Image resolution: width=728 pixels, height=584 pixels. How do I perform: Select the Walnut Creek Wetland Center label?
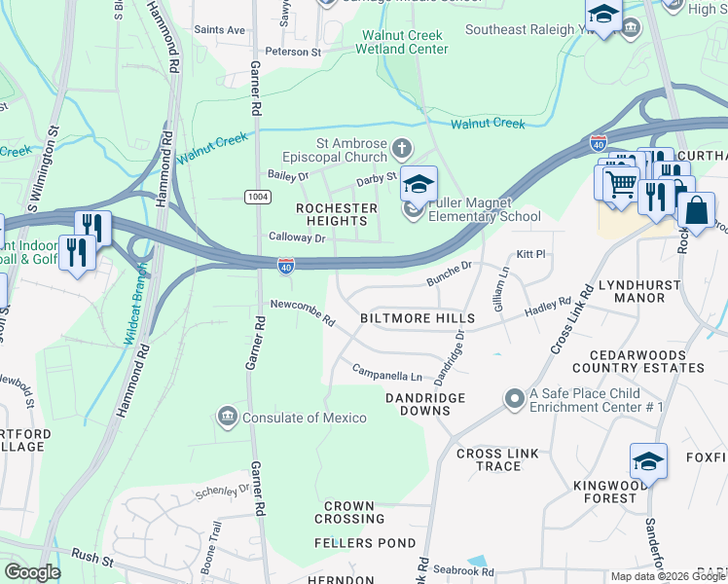pyautogui.click(x=403, y=42)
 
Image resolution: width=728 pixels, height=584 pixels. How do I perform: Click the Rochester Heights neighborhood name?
pyautogui.click(x=337, y=215)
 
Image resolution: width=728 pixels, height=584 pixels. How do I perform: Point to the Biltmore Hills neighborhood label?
pyautogui.click(x=418, y=318)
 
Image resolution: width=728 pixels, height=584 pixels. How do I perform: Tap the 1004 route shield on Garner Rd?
pyautogui.click(x=256, y=197)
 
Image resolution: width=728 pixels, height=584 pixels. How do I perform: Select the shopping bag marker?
pyautogui.click(x=697, y=209)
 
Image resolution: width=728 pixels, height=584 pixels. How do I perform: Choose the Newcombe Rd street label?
pyautogui.click(x=303, y=312)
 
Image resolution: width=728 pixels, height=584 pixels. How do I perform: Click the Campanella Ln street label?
pyautogui.click(x=387, y=374)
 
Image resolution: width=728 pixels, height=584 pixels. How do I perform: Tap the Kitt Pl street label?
pyautogui.click(x=530, y=253)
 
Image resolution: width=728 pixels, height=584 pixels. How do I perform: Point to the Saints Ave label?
pyautogui.click(x=219, y=30)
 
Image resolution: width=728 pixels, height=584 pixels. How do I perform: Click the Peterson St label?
pyautogui.click(x=293, y=51)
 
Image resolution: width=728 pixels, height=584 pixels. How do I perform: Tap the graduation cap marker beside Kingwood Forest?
pyautogui.click(x=648, y=461)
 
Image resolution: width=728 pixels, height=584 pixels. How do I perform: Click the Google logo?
pyautogui.click(x=32, y=572)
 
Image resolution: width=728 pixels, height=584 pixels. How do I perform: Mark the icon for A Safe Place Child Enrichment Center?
pyautogui.click(x=514, y=399)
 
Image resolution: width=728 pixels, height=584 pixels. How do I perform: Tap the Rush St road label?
pyautogui.click(x=92, y=558)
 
